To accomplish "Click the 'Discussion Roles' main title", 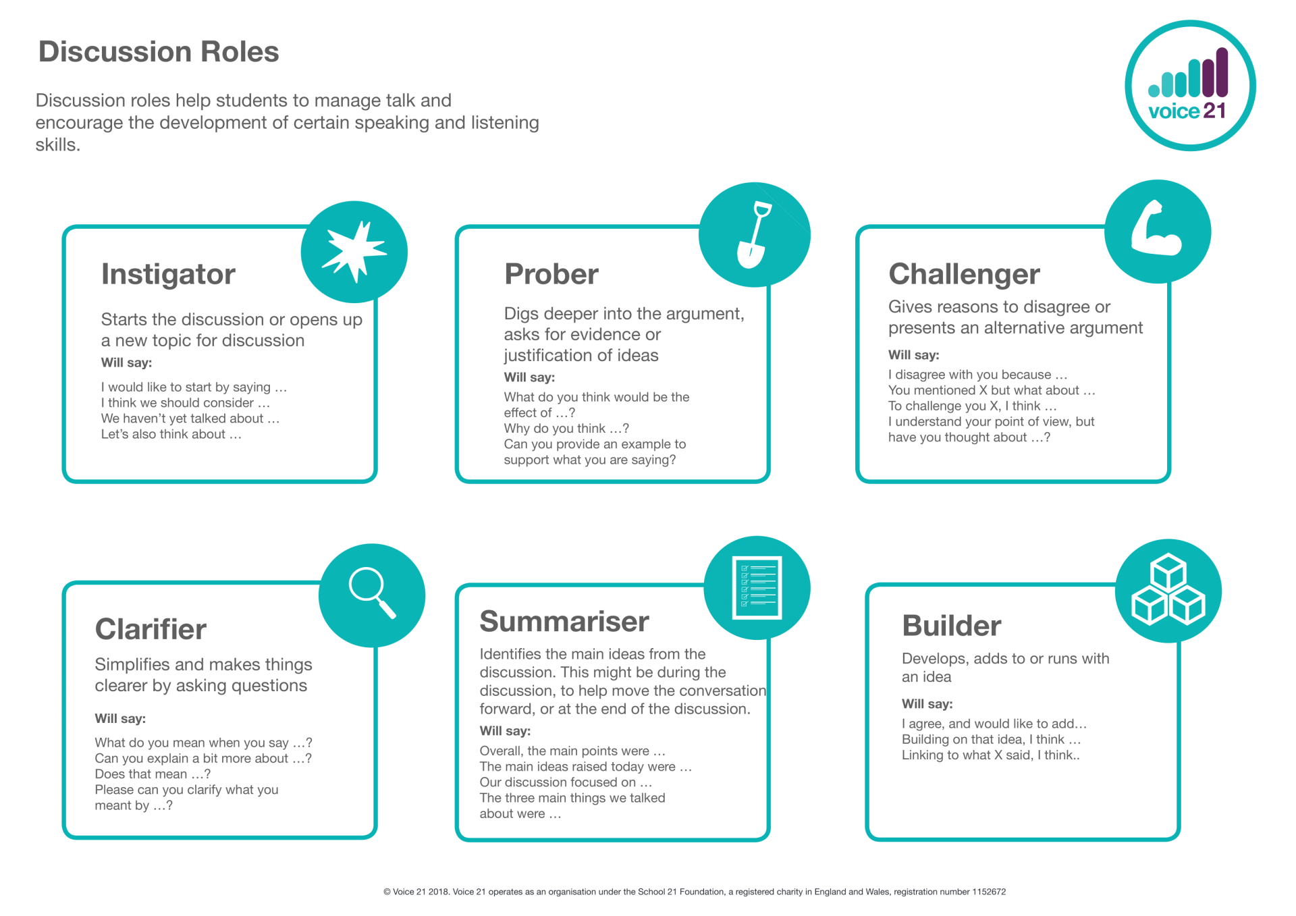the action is [159, 52].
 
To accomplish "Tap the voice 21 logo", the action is [1190, 86].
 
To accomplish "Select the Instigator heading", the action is [168, 275].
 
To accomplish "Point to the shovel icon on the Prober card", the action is [754, 235].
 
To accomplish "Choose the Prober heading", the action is [551, 274].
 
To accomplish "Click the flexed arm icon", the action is [1156, 229].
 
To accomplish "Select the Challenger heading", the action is [964, 275].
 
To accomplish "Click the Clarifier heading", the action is [151, 629].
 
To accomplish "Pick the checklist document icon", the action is [757, 587].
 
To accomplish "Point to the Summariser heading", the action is [564, 622].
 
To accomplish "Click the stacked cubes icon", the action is [1168, 589].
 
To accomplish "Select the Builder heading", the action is [952, 626].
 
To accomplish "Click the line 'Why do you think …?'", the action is [566, 429].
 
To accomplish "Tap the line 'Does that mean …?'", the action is [153, 774].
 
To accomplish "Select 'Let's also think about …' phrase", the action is [171, 434].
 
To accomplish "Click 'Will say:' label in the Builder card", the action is [927, 704].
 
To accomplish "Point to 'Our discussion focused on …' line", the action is [566, 782].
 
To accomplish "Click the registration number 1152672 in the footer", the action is [989, 892].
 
